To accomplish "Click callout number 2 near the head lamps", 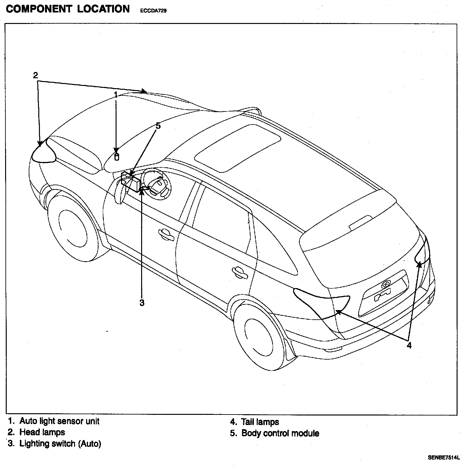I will (x=35, y=75).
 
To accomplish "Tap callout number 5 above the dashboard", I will (x=158, y=126).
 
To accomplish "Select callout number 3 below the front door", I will (x=142, y=302).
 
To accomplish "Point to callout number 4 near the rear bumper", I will (x=409, y=345).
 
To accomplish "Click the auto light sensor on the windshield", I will (x=117, y=157).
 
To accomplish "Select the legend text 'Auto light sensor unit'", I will (x=59, y=421).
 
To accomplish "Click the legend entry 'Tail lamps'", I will (x=260, y=422).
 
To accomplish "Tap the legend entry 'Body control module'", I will (x=280, y=433).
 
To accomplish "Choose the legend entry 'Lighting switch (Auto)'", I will (x=60, y=444).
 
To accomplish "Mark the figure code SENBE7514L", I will (x=443, y=458).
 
